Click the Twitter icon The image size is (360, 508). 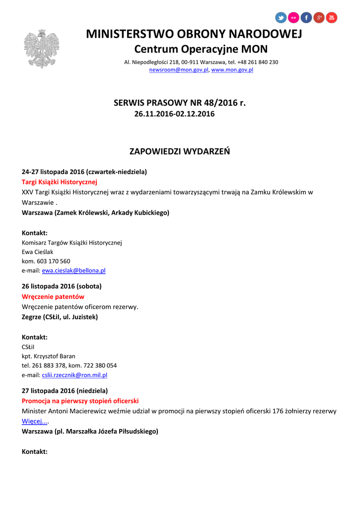pyautogui.click(x=281, y=18)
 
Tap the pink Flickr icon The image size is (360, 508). pyautogui.click(x=293, y=18)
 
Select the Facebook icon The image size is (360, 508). pyautogui.click(x=306, y=18)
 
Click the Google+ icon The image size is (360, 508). pyautogui.click(x=319, y=18)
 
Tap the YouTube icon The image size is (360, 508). pyautogui.click(x=331, y=18)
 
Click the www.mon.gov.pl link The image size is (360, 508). pyautogui.click(x=232, y=70)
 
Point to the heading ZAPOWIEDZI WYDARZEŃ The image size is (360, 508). pyautogui.click(x=180, y=151)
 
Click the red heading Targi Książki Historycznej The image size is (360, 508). pyautogui.click(x=60, y=182)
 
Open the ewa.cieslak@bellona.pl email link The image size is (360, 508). pyautogui.click(x=73, y=271)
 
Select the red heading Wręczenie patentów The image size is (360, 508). pyautogui.click(x=53, y=297)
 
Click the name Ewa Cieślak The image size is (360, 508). pyautogui.click(x=37, y=252)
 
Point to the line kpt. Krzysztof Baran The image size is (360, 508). pyautogui.click(x=49, y=356)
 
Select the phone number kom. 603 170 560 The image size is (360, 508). pyautogui.click(x=46, y=261)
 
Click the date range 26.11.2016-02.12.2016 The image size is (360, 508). pyautogui.click(x=174, y=114)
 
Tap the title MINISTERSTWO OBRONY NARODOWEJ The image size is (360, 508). pyautogui.click(x=194, y=34)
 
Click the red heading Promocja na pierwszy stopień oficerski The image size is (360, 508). pyautogui.click(x=80, y=401)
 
